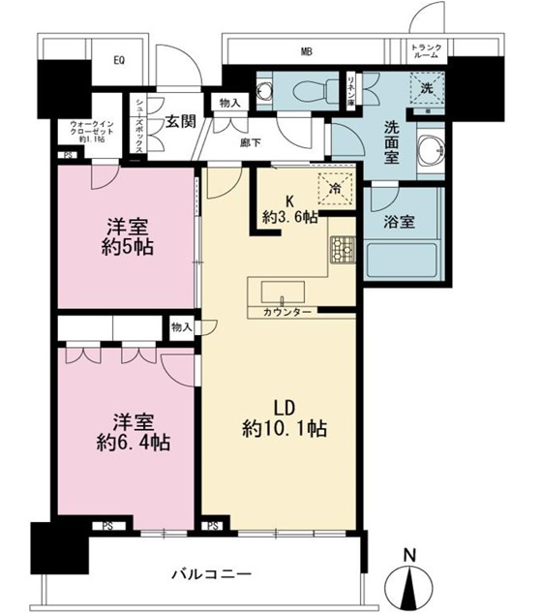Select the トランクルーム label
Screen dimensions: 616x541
click(426, 53)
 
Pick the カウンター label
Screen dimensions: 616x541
click(286, 313)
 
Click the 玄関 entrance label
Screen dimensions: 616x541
click(180, 121)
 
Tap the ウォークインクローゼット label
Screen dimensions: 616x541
click(93, 131)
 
